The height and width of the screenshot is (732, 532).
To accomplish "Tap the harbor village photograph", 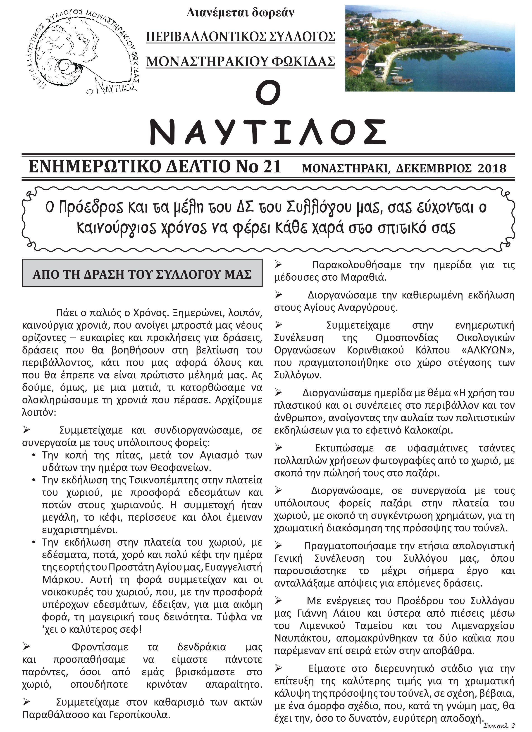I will tap(429, 48).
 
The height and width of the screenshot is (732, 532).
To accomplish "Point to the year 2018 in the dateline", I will tap(491, 168).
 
